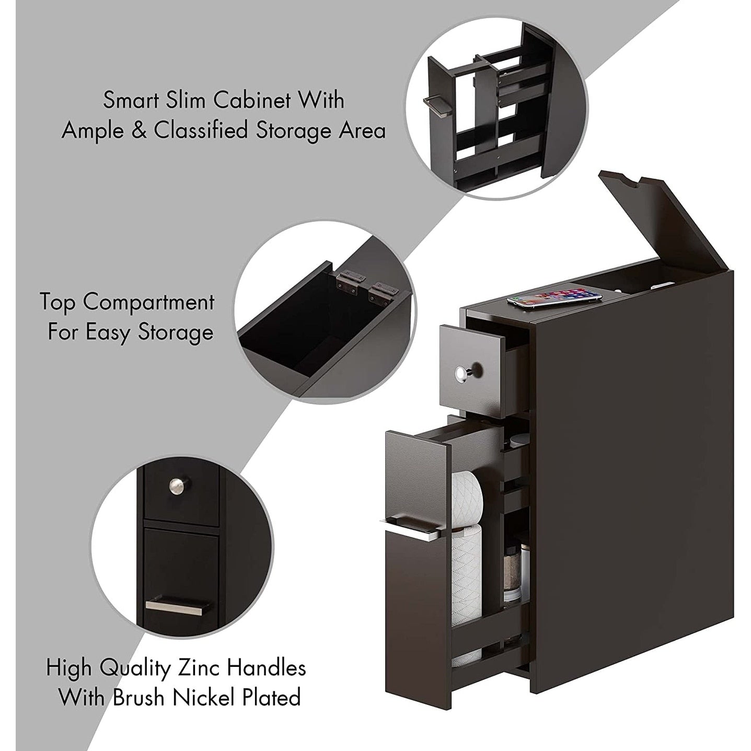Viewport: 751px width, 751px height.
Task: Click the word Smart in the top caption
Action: [x=130, y=100]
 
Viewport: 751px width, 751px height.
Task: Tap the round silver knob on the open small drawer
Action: [x=461, y=373]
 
